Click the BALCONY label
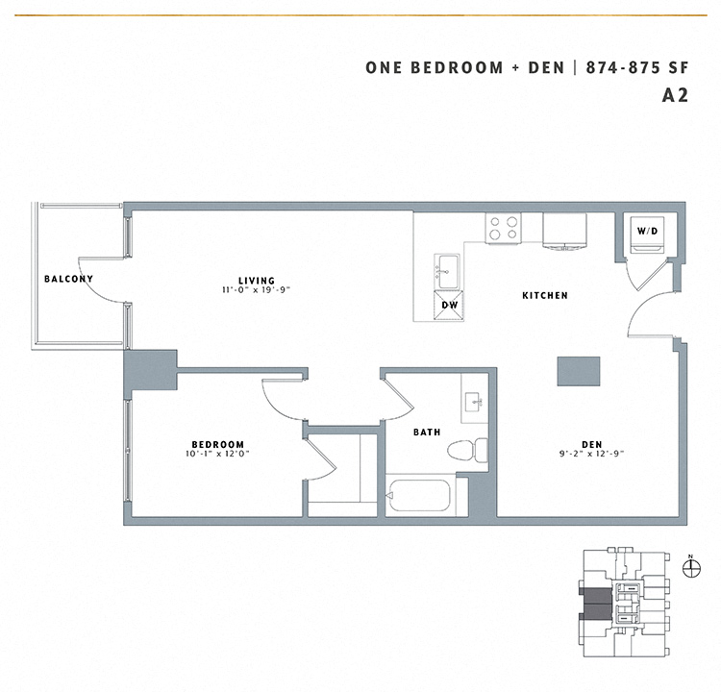68,279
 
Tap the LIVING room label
257,279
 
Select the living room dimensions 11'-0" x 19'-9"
257,289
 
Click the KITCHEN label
545,296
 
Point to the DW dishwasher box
449,306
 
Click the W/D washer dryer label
645,231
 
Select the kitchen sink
449,270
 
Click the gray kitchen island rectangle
579,371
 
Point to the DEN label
591,444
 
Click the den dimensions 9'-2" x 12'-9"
591,455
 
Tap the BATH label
428,432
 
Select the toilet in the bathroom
471,450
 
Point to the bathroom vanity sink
474,403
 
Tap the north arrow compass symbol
690,567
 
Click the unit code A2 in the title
676,95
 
